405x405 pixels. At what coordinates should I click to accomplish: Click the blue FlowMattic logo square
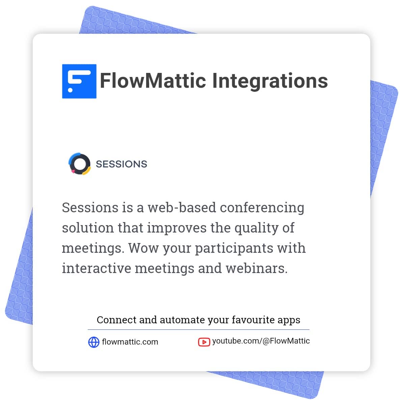tap(79, 81)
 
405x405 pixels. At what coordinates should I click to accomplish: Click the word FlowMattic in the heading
tap(153, 81)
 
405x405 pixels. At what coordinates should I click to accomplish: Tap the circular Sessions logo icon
tap(80, 164)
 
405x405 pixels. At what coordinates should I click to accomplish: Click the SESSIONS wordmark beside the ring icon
tap(122, 164)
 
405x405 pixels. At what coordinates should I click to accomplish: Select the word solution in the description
tap(87, 228)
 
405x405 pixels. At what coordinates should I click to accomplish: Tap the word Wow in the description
tap(143, 248)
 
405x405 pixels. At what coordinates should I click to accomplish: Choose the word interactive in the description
tap(96, 268)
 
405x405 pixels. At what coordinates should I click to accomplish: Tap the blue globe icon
tap(93, 342)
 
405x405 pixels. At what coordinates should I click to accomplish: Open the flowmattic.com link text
tap(130, 342)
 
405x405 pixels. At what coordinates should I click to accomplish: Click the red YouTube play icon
tap(204, 342)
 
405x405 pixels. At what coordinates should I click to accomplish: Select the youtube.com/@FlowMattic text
tap(261, 341)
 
